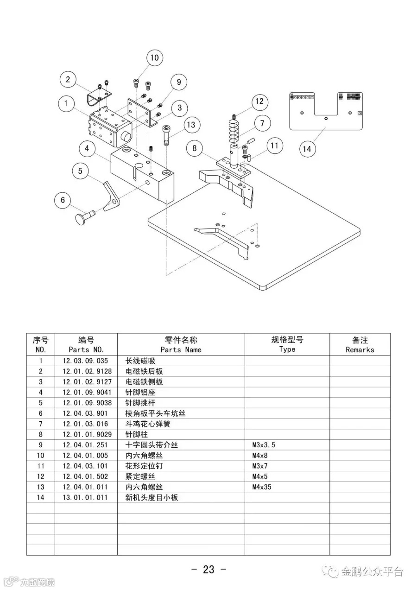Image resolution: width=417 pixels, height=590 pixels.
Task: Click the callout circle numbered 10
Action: click(154, 57)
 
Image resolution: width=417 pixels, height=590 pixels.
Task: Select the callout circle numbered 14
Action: click(307, 149)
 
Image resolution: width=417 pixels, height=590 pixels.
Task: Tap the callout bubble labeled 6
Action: click(63, 201)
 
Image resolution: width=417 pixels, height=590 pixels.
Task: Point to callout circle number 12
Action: click(259, 101)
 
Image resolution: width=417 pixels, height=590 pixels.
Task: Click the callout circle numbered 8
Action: click(195, 148)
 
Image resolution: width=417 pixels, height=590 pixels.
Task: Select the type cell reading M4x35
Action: click(262, 487)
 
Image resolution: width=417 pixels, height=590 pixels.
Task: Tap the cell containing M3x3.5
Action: click(264, 445)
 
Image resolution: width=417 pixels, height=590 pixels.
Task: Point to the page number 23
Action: click(208, 569)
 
